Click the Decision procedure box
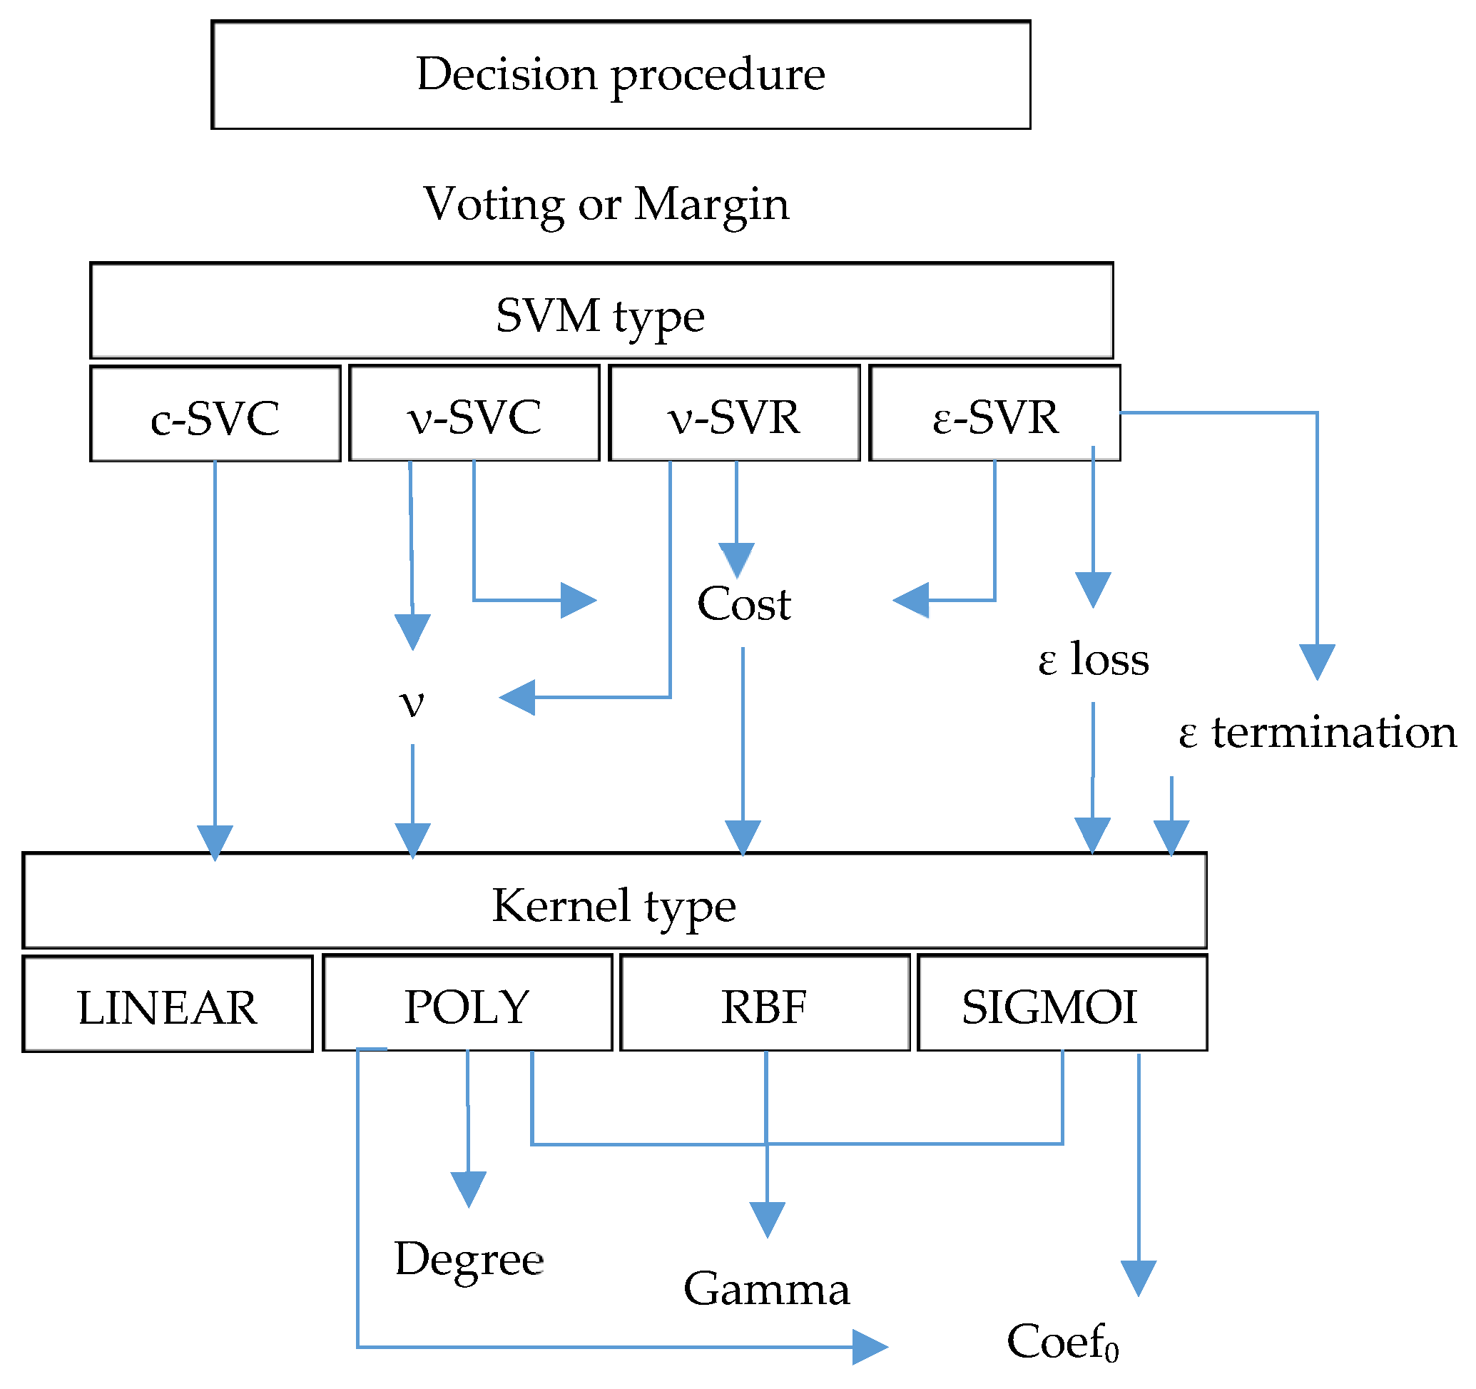coord(620,74)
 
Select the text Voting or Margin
coord(606,203)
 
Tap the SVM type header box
coord(601,311)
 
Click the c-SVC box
coord(215,414)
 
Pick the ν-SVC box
coord(474,414)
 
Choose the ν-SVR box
coord(733,414)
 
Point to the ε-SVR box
coord(994,414)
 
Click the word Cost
coord(743,604)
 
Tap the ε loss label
coord(1093,659)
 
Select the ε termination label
coord(1316,733)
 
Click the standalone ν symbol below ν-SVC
coord(412,701)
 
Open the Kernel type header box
coord(614,900)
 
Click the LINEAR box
coord(168,1004)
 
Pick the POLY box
coord(467,1003)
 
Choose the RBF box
coord(764,1003)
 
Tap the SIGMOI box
coord(1062,1003)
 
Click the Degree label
coord(469,1259)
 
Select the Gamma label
coord(766,1289)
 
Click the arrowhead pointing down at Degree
coord(469,1188)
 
